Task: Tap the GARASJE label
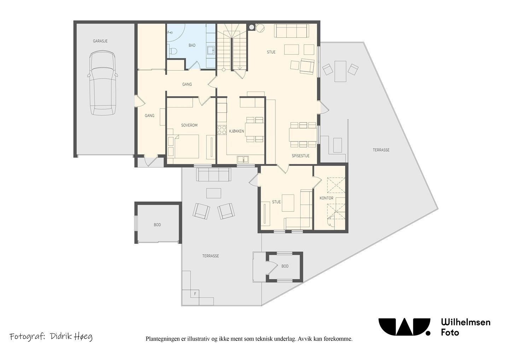100,41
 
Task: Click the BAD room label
192,45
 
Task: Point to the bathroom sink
211,50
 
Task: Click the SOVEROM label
189,125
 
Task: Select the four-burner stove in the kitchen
222,130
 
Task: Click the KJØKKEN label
237,131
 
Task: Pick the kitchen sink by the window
243,159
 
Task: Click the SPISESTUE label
301,156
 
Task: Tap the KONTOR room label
326,198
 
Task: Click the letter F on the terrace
195,294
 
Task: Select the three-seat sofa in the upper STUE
292,31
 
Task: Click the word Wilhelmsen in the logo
466,322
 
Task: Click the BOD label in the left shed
157,225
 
